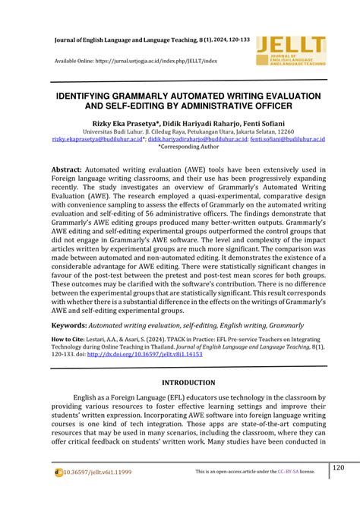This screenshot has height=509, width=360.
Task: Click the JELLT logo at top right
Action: (292, 52)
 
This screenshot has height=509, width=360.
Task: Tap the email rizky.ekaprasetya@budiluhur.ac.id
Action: (96, 139)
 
